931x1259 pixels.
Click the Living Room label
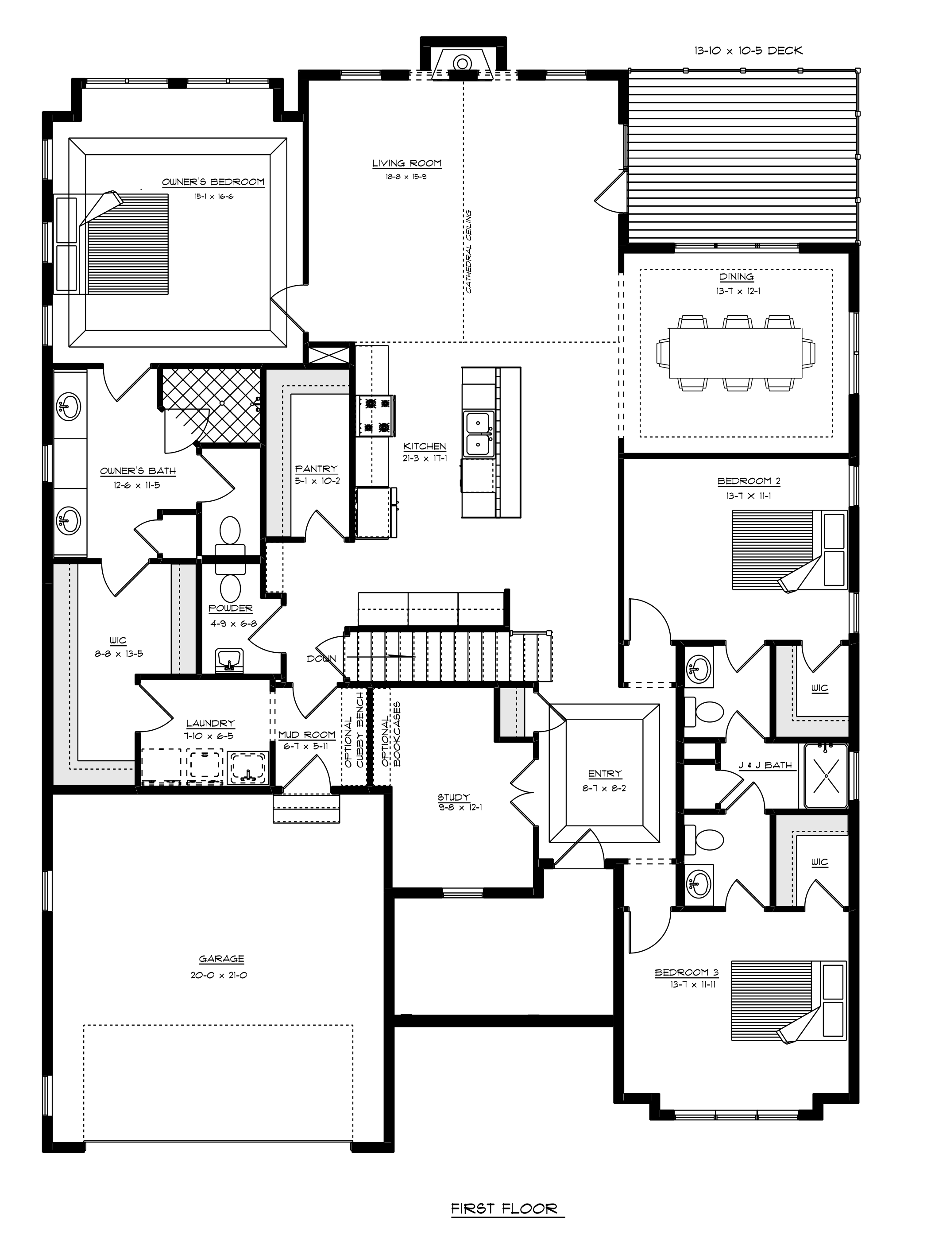point(406,163)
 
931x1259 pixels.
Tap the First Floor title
point(504,1208)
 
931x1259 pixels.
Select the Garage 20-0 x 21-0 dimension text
point(219,975)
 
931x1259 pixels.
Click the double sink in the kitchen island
point(479,434)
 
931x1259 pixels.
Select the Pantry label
point(316,469)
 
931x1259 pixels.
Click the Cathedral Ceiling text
point(468,252)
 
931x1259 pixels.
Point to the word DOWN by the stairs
point(321,659)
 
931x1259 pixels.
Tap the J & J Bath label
point(765,765)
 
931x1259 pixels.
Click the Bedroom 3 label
point(687,972)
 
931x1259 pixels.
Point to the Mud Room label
point(307,735)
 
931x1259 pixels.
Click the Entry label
point(605,774)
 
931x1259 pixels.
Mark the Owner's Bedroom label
point(213,182)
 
